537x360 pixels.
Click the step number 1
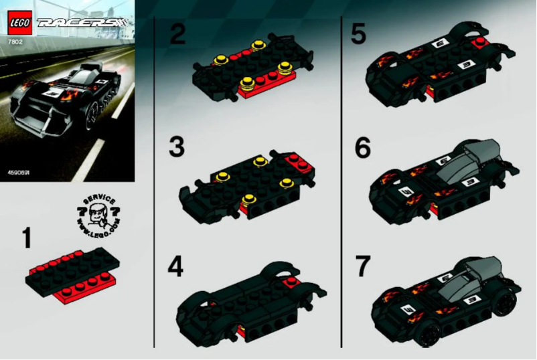click(27, 238)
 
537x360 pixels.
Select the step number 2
click(177, 33)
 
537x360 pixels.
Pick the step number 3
click(177, 147)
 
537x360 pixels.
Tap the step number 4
click(175, 268)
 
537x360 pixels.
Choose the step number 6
click(362, 149)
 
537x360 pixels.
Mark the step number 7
click(362, 266)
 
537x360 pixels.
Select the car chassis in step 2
click(248, 70)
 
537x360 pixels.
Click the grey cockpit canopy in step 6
click(469, 157)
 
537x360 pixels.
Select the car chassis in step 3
click(248, 184)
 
